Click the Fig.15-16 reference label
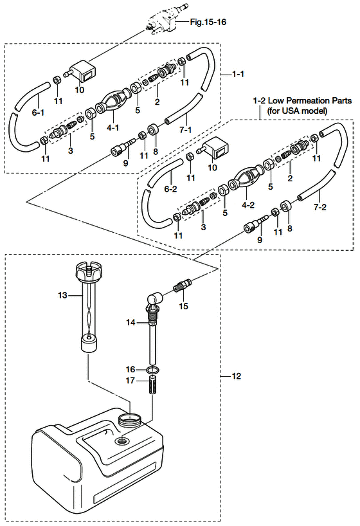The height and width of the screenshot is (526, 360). coord(208,22)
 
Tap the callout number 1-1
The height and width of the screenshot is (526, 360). coord(239,74)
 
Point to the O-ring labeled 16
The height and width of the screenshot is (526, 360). coord(152,370)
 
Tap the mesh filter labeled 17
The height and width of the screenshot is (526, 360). coord(152,385)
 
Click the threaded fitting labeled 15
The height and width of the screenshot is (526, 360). coord(182,285)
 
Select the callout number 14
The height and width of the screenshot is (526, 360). coord(131,322)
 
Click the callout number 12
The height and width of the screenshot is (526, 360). coord(236,376)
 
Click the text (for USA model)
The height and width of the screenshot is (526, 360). coord(297,111)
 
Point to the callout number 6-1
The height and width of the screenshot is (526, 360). coord(38,113)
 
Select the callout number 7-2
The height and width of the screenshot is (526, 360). coord(319,207)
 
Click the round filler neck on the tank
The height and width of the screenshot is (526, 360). coord(129,419)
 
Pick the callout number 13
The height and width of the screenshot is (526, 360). coord(63,295)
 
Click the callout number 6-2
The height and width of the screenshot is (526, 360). coord(170,189)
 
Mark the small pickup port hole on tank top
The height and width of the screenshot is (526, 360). coord(121,440)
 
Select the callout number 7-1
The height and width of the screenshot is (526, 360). coord(186,129)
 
